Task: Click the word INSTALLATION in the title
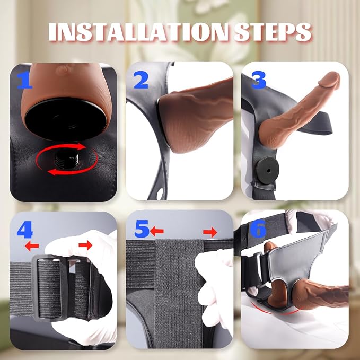(x=138, y=32)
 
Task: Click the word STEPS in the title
(x=273, y=32)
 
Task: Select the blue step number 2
(x=141, y=80)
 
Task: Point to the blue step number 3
(x=259, y=80)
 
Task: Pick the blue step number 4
(x=25, y=230)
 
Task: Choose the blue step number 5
(x=142, y=229)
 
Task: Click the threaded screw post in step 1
(x=67, y=159)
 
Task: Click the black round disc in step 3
(x=267, y=170)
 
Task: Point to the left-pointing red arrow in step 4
(x=32, y=246)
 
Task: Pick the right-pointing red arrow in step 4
(x=85, y=245)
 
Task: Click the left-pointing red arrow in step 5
(x=157, y=231)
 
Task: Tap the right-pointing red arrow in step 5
(x=210, y=232)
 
